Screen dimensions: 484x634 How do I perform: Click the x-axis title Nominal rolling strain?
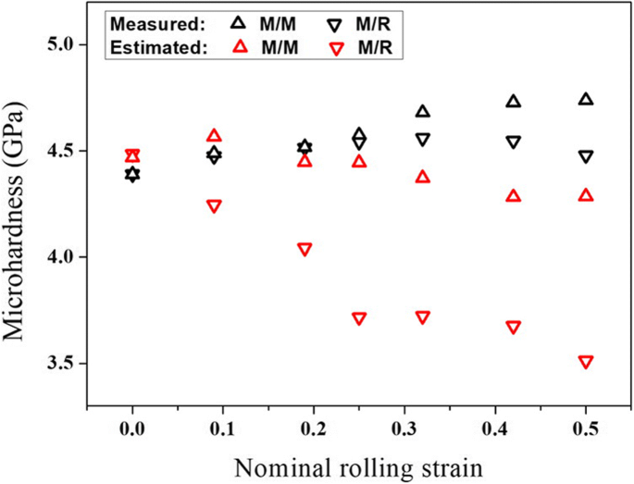[359, 462]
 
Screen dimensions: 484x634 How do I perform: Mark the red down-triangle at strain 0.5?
[586, 362]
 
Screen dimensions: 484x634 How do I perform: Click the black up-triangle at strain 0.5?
[586, 99]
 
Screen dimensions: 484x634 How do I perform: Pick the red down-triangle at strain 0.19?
[305, 249]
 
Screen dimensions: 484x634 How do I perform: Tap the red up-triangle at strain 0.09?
[214, 135]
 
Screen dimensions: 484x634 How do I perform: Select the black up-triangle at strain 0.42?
[514, 101]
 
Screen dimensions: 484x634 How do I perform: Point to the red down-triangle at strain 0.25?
[359, 318]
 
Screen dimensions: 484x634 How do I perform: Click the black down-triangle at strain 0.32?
[423, 140]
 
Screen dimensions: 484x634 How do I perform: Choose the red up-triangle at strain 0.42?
[514, 195]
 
